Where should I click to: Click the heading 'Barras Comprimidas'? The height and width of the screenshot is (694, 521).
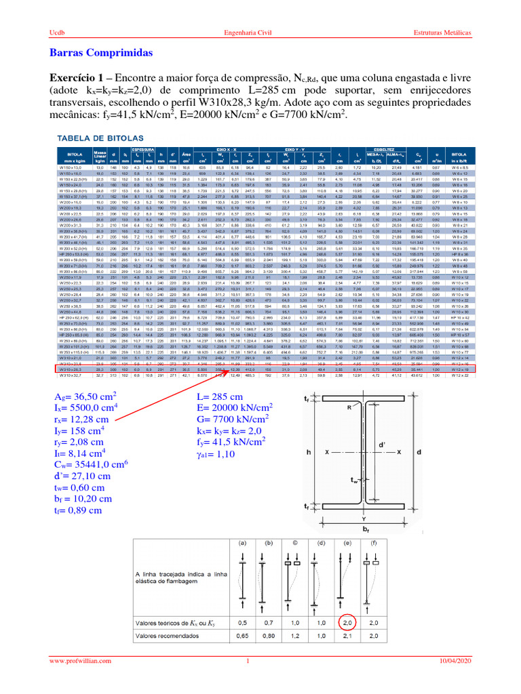102,53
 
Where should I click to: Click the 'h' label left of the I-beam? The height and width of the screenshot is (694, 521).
309,451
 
